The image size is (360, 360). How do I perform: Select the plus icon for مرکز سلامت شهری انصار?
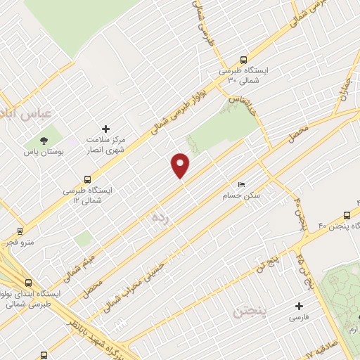105,129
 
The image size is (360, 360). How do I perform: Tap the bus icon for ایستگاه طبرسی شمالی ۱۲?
87,179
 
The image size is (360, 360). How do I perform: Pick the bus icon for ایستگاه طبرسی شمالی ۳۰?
243,60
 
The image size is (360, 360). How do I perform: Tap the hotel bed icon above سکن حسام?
243,184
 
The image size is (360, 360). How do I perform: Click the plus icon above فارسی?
300,306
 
